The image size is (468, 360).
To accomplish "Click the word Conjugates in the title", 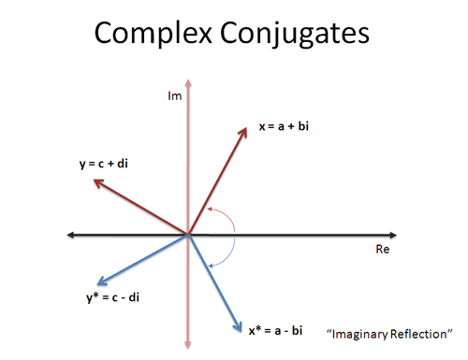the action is tap(297, 34).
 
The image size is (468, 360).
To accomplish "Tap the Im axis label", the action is tap(174, 96).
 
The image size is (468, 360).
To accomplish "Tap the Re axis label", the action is tap(382, 251).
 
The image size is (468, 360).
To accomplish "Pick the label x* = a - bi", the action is tap(275, 329).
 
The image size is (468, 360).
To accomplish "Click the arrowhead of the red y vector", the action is tap(95, 182).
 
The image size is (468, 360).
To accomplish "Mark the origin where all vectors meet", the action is tap(188, 235).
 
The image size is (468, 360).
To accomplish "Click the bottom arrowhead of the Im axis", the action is tap(188, 344).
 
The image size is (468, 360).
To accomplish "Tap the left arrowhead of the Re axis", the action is tap(71, 235).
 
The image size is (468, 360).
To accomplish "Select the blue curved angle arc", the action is tap(227, 254).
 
